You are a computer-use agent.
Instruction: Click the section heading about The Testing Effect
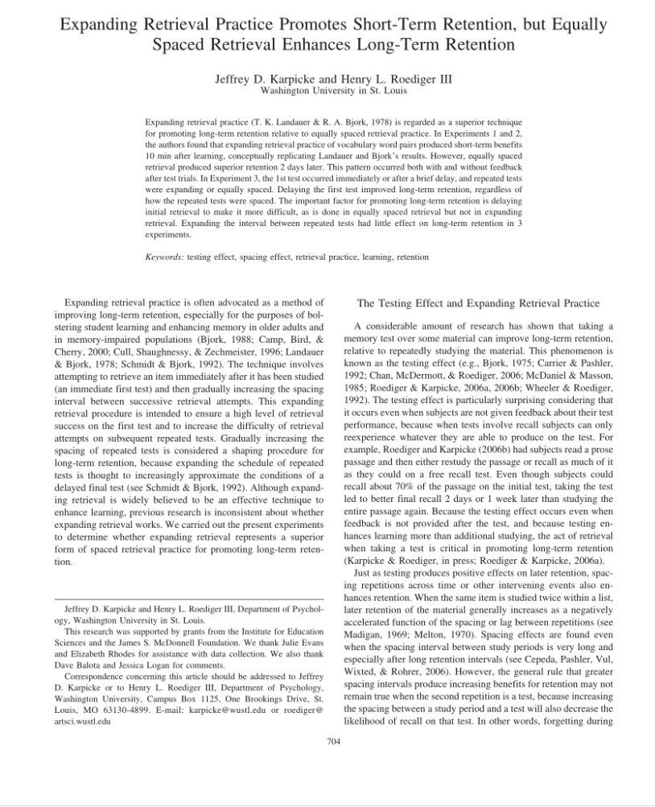pyautogui.click(x=478, y=303)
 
